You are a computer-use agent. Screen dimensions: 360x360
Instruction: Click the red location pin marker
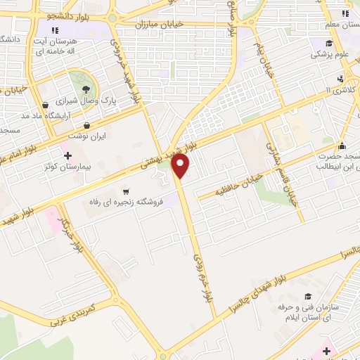(181, 166)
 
